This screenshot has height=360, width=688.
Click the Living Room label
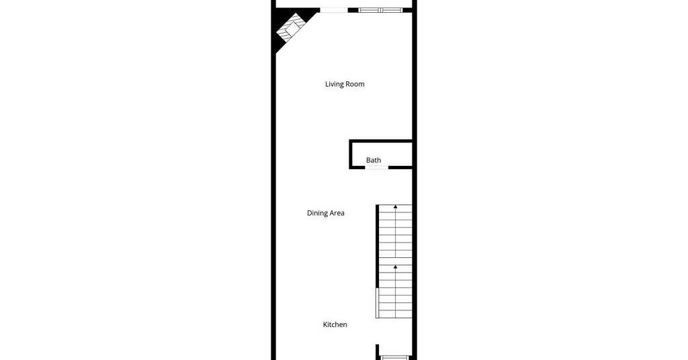345,84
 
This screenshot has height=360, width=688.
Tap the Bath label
374,160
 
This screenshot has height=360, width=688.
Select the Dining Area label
326,213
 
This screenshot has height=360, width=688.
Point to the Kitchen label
335,324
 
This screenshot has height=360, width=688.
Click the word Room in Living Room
355,84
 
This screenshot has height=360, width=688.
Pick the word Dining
317,213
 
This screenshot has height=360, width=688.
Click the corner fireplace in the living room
290,28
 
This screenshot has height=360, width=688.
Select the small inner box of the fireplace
292,28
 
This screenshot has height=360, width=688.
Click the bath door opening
377,167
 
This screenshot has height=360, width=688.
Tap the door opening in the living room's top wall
333,10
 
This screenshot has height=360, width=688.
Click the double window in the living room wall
380,10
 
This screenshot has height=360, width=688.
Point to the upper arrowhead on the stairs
395,206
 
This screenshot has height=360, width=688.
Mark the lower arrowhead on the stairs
395,267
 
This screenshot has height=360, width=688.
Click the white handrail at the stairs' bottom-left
377,302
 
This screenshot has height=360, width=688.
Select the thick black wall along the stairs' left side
378,246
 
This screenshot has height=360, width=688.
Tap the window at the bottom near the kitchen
395,358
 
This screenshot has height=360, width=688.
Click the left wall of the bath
351,154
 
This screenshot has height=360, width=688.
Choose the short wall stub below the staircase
378,352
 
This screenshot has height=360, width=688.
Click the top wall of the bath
381,141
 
